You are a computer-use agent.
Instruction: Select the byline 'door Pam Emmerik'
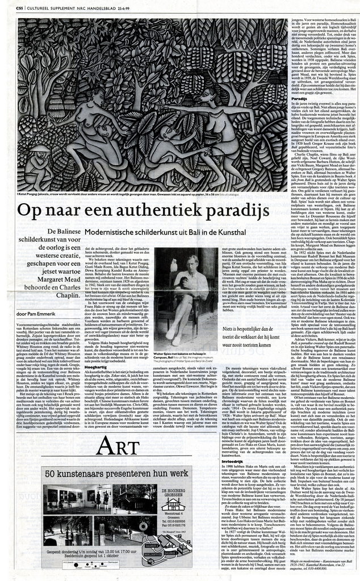pos(35,313)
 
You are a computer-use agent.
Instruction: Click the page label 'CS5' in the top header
pos(20,7)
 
